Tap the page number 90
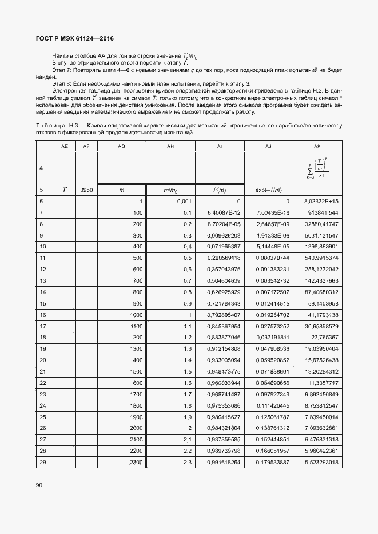pos(39,485)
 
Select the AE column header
pos(64,147)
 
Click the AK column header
pos(317,147)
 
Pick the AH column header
pos(170,147)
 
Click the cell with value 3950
pos(86,190)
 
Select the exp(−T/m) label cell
pos(268,190)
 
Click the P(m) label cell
pos(220,190)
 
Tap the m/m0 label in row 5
pos(170,190)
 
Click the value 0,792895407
pos(220,315)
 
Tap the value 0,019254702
pos(269,315)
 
